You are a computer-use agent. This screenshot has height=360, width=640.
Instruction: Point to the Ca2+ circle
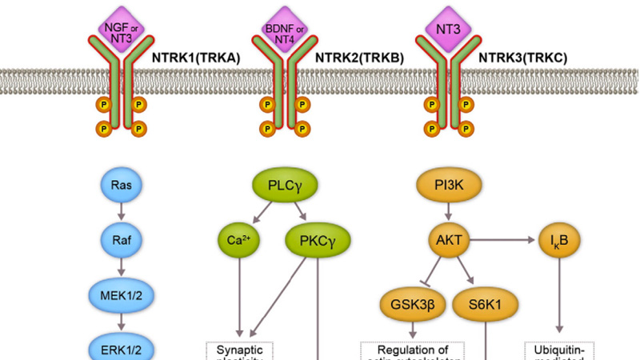point(236,238)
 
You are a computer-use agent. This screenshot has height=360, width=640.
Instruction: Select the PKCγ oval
point(318,238)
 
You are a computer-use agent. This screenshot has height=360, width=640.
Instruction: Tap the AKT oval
point(452,238)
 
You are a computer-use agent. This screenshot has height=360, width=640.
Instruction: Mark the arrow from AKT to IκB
point(504,238)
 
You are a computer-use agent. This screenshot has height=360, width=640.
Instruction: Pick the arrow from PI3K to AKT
point(452,213)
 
